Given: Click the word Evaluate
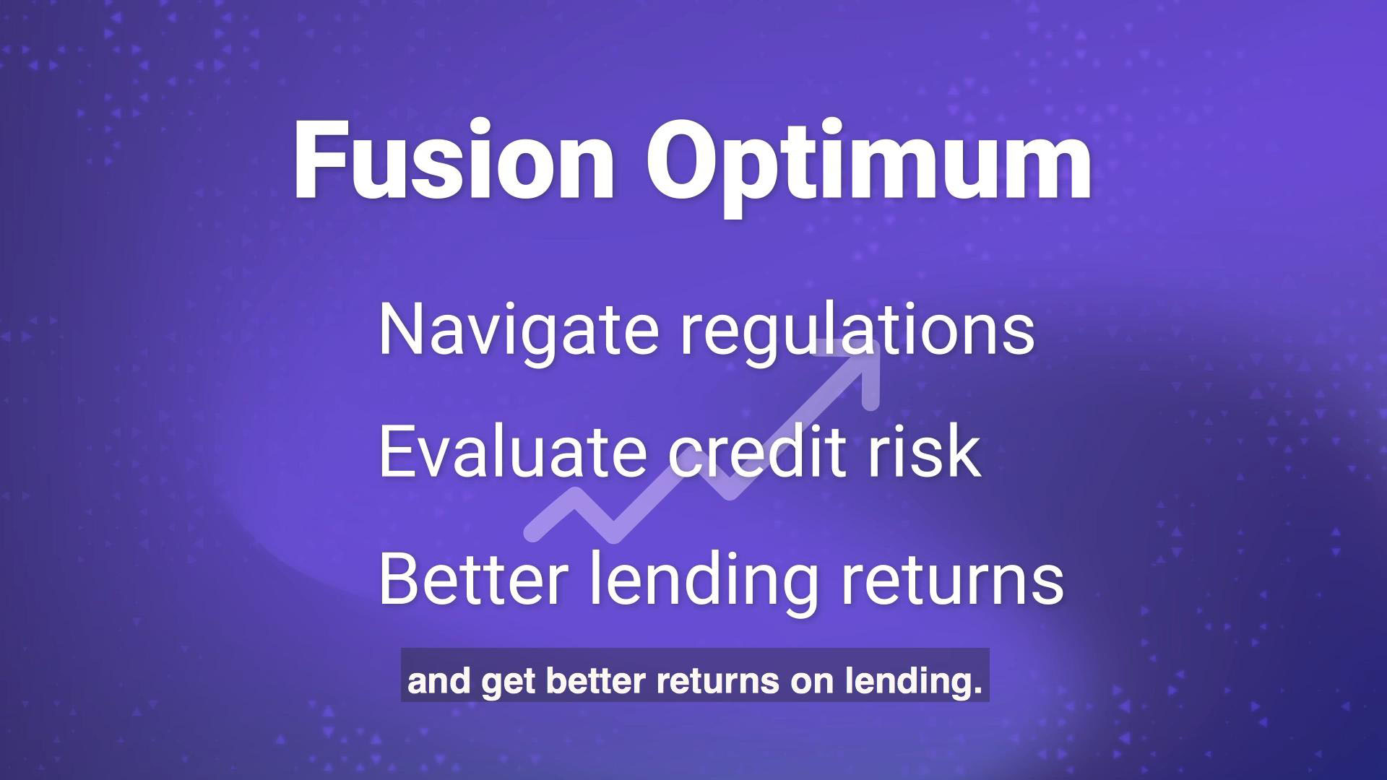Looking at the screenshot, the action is pyautogui.click(x=512, y=451).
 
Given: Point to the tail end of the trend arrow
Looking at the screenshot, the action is pyautogui.click(x=533, y=532).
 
